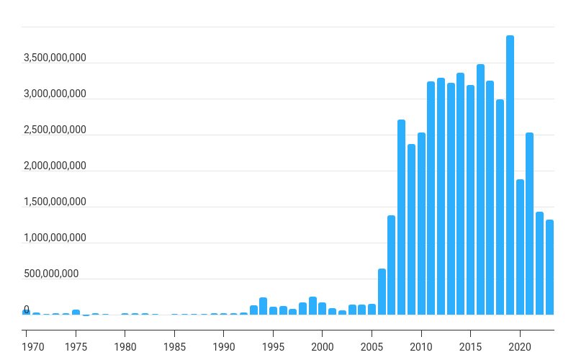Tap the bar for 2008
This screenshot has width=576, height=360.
(401, 217)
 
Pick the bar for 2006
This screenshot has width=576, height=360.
(382, 292)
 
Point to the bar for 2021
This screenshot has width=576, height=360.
(529, 223)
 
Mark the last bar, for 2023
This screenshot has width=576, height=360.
(549, 267)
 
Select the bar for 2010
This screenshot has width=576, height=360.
(421, 223)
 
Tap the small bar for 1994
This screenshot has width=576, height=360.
(263, 306)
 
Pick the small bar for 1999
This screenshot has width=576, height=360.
(312, 305)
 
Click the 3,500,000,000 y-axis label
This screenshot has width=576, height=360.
(55, 58)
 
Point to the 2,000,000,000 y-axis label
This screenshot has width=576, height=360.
(55, 166)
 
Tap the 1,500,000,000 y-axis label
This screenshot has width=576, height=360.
(55, 202)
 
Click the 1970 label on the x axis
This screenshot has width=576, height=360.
(33, 347)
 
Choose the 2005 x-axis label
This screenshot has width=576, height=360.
(372, 347)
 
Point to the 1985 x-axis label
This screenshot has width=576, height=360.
(174, 347)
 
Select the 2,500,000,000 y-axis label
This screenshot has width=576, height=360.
(55, 130)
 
